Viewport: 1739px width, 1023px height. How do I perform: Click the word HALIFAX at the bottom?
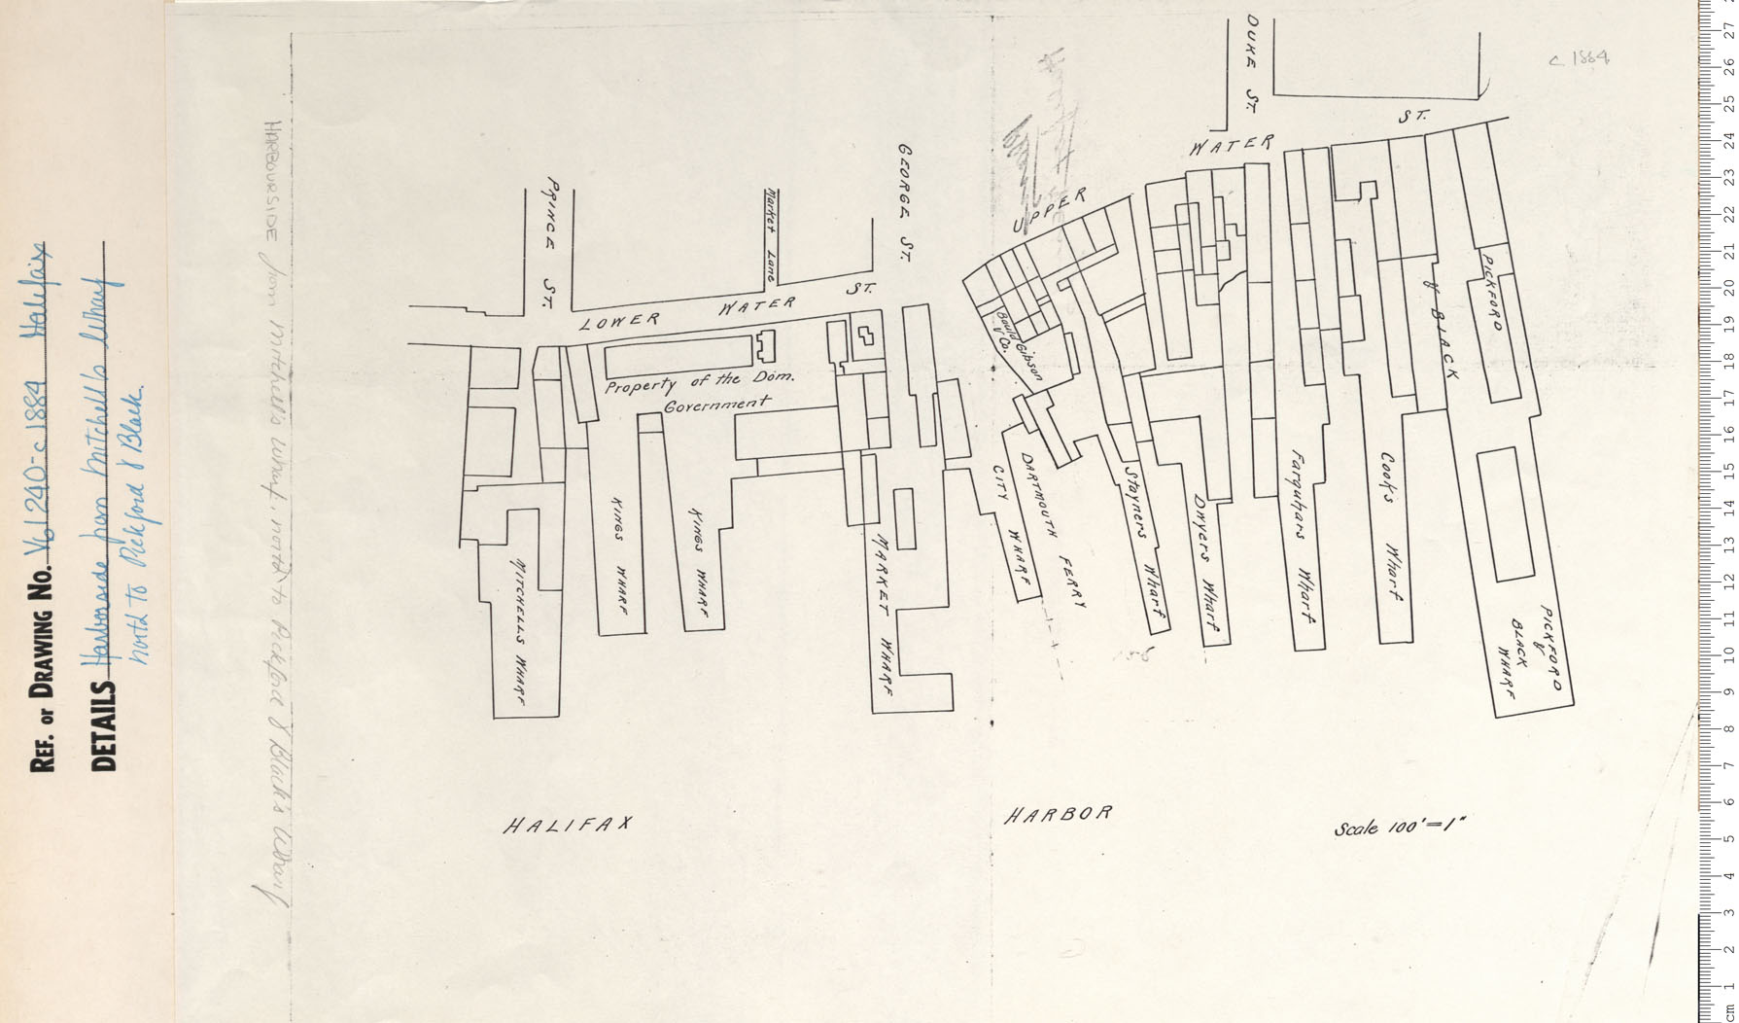click(568, 827)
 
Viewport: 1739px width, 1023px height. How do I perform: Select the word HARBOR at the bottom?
click(1057, 815)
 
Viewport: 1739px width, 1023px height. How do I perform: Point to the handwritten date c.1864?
click(1578, 58)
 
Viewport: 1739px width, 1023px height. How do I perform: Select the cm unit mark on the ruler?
click(1726, 1011)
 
